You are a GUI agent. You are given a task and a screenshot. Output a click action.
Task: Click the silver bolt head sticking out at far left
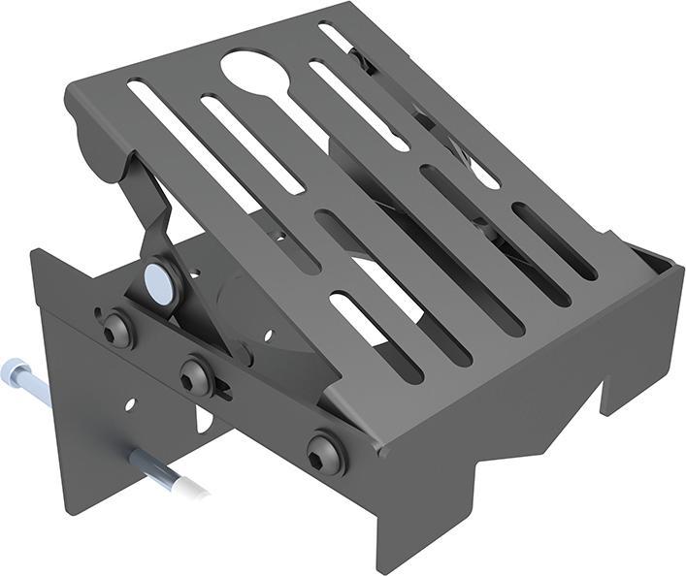coord(14,368)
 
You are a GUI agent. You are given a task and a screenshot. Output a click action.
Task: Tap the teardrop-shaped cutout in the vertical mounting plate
coord(204,419)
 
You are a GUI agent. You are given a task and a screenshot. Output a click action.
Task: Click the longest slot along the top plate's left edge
coord(213,165)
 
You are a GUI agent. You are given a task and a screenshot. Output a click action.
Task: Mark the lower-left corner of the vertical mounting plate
coord(68,504)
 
